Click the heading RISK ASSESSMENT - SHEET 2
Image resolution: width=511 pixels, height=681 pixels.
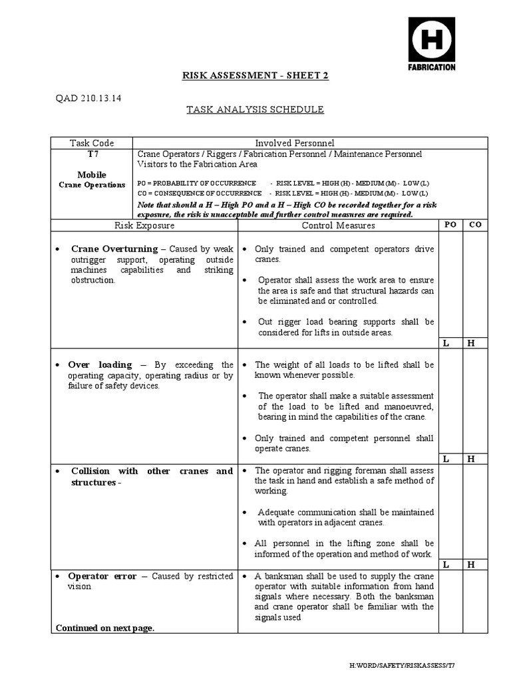coord(255,76)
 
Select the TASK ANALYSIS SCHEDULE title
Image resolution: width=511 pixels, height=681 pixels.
coord(255,110)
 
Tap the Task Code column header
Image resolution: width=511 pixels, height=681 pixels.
coord(92,143)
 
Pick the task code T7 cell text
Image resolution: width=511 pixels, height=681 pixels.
coord(92,154)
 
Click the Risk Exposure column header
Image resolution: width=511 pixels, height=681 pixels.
coord(144,225)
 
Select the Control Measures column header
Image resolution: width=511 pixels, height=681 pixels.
coord(338,225)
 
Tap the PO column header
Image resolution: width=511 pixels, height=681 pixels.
coord(450,225)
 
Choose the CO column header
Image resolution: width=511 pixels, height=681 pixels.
coord(475,225)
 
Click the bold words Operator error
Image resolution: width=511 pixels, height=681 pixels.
coord(102,576)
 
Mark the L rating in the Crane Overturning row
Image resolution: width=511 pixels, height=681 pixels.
coord(447,343)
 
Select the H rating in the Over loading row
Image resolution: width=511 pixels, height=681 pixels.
coord(471,459)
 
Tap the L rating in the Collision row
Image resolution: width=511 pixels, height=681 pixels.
coord(447,565)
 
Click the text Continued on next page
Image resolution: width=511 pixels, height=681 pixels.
coord(105,627)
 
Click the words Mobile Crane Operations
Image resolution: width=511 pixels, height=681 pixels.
coord(92,180)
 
